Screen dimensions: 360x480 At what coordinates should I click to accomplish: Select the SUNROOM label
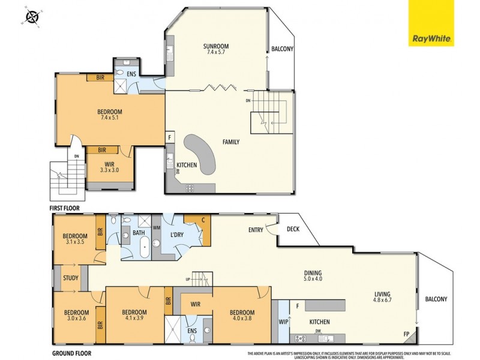(x=216, y=46)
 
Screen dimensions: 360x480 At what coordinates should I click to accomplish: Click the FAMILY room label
(x=230, y=142)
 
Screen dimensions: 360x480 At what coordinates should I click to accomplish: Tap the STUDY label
(x=70, y=278)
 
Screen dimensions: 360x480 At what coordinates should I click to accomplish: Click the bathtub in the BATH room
(x=145, y=247)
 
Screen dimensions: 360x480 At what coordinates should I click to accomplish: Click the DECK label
(x=293, y=229)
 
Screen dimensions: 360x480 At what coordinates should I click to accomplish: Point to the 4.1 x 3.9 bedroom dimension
(x=134, y=319)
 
